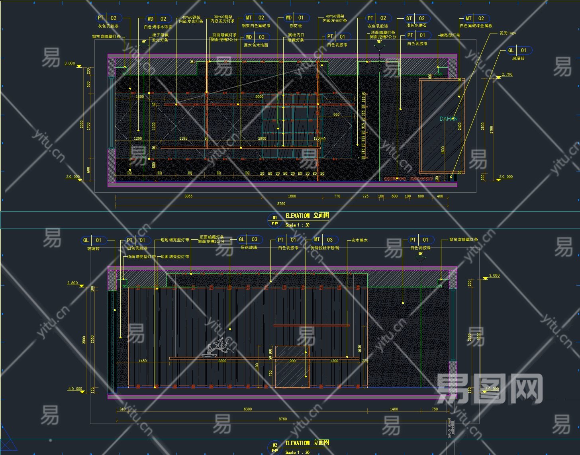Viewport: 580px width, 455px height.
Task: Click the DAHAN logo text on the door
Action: tap(448, 119)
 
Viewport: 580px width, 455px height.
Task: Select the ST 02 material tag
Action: tap(415, 18)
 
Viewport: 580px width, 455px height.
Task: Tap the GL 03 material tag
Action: tap(248, 240)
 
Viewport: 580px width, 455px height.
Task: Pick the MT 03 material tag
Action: tap(323, 240)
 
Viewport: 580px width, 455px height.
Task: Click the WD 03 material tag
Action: tap(255, 37)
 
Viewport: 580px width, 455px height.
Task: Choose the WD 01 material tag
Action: tap(295, 18)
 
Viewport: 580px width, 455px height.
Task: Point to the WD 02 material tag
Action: tap(157, 19)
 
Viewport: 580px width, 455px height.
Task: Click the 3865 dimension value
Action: tap(188, 196)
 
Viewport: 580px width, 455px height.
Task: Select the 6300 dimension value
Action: tap(247, 409)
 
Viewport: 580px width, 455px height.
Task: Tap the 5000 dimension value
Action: tap(259, 96)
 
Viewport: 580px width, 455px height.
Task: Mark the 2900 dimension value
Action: tap(262, 139)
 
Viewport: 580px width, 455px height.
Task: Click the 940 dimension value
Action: tap(336, 115)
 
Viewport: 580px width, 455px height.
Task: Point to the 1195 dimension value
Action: tap(183, 139)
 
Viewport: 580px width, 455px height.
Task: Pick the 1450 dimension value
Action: tap(143, 361)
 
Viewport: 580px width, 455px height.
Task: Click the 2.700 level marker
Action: tap(507, 74)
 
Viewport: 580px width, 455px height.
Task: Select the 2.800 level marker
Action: tap(72, 283)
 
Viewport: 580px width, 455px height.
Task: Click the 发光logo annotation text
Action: tap(507, 33)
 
